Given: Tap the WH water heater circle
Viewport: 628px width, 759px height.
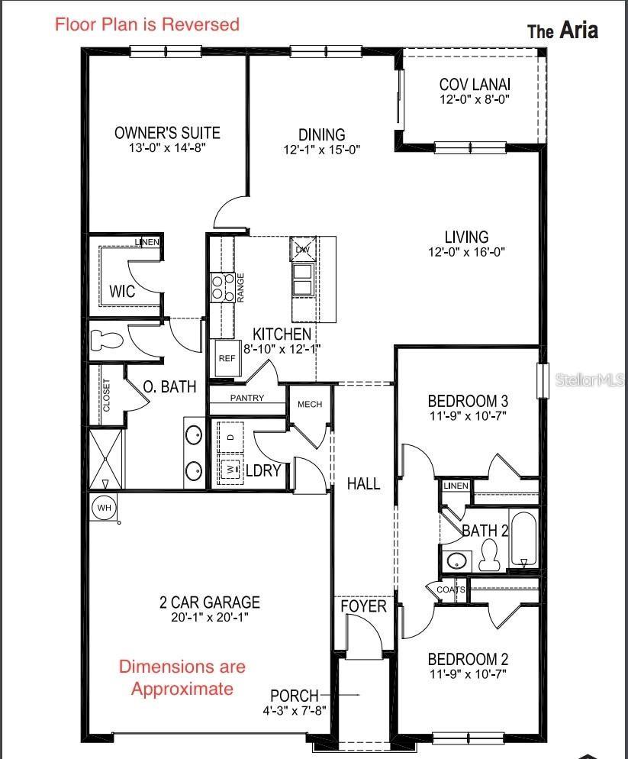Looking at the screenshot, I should coord(102,507).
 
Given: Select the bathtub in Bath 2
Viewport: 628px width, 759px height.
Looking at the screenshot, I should coord(523,541).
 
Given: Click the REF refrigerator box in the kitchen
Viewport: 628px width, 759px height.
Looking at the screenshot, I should coord(227,358).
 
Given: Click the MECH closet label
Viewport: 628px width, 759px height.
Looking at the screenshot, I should coord(309,404).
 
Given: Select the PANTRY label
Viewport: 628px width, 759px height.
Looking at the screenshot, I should coord(247,398).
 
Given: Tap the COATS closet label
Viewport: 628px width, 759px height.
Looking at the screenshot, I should coord(451,589).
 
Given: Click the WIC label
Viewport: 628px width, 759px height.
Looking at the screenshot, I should coord(122,292).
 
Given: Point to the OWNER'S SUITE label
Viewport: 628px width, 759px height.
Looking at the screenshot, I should coord(167,133).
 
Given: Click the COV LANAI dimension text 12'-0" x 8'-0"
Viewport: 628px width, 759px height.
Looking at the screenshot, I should coord(475,99).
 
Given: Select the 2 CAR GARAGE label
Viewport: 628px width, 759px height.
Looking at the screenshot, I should coord(210,602).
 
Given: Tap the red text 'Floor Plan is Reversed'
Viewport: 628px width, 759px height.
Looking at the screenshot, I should coord(147,24).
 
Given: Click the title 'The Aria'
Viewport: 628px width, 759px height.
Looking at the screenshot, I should coord(562,31).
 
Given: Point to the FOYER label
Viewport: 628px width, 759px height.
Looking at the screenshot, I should coord(363,606).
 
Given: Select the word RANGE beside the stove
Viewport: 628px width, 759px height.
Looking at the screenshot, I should coord(240,288).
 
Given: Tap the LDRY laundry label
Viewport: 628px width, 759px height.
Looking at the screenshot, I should coord(263,470).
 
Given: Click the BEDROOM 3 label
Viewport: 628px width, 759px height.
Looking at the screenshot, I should coord(468,401).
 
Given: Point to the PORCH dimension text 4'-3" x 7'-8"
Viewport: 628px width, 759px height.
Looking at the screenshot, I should coord(294,711).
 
